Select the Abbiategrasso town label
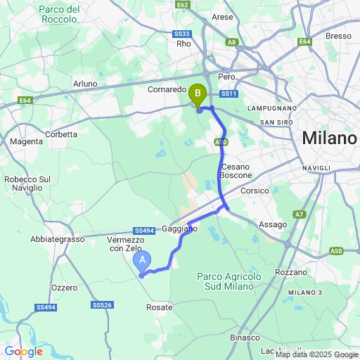[x=57, y=239]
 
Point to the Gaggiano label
[x=180, y=229]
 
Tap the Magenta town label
[x=27, y=141]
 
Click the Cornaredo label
[x=167, y=90]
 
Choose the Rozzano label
[x=292, y=271]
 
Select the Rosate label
[x=159, y=307]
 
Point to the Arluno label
[x=85, y=84]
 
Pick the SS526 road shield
[x=102, y=304]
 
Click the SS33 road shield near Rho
[x=181, y=33]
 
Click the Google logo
[x=23, y=352]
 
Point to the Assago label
[x=273, y=224]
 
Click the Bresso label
[x=338, y=36]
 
